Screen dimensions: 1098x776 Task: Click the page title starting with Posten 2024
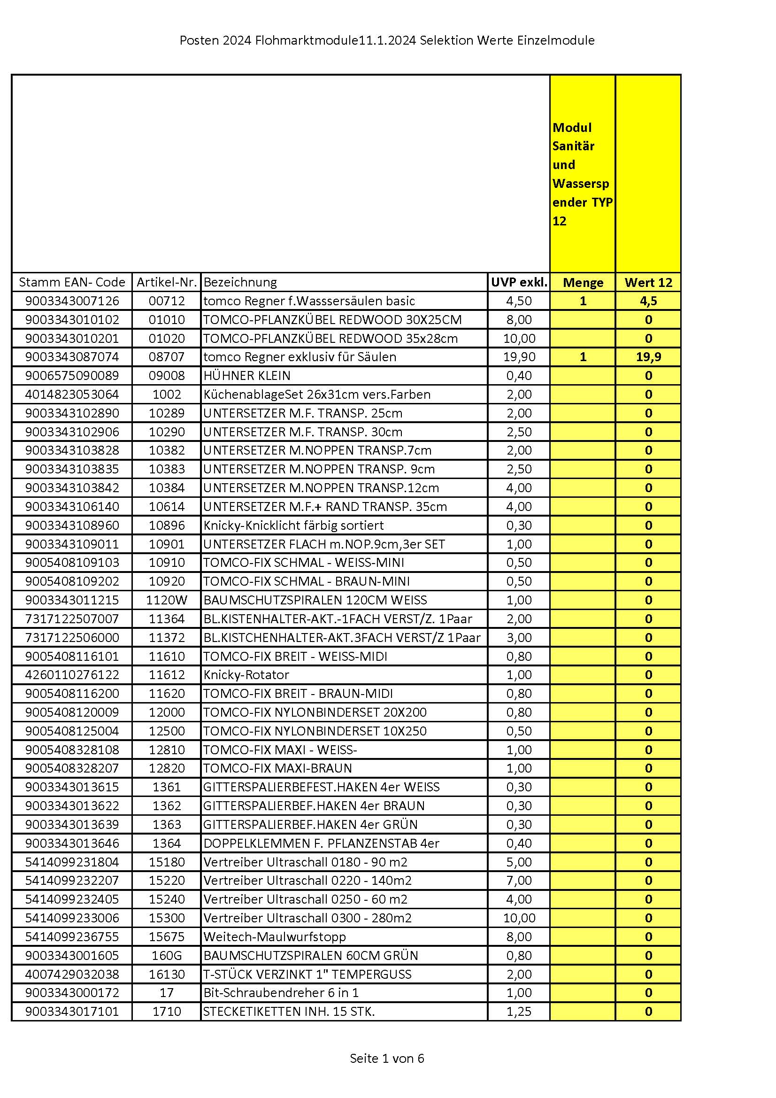[387, 41]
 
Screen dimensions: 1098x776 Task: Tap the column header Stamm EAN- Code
[72, 282]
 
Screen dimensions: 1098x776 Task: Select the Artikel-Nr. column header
[166, 282]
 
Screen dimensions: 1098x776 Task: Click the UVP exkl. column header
[519, 282]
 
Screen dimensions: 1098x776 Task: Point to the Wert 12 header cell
[648, 282]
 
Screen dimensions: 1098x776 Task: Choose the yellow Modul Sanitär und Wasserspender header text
[582, 174]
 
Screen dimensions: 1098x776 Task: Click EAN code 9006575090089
[72, 375]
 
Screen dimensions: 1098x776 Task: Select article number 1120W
[166, 600]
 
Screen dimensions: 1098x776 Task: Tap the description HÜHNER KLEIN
[247, 375]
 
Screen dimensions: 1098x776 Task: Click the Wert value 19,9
[648, 357]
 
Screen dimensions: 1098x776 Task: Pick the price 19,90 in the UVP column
[519, 357]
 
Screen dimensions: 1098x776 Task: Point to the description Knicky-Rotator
[246, 675]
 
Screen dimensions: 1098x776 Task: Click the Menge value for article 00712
[583, 301]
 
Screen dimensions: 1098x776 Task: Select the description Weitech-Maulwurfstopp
[275, 936]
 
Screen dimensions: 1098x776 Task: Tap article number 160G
[166, 955]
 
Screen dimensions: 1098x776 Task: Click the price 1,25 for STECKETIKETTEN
[519, 1012]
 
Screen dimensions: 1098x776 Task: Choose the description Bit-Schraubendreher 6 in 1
[281, 993]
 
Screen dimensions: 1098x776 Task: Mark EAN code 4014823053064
[72, 394]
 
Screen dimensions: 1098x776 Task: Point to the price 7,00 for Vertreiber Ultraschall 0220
[519, 880]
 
